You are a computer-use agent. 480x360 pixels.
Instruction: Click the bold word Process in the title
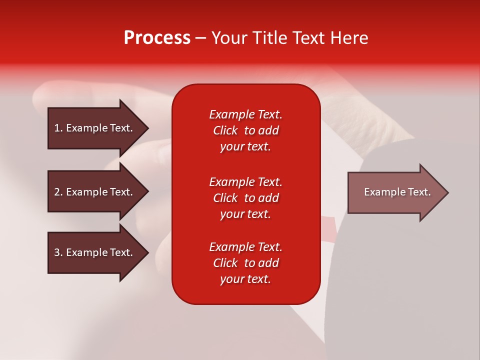pos(157,38)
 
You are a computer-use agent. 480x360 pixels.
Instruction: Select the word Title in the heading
pos(270,38)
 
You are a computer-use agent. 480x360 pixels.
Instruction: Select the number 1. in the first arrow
pos(58,128)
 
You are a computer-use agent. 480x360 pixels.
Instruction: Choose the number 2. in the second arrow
pos(58,192)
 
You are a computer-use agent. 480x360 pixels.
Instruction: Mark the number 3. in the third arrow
pos(58,252)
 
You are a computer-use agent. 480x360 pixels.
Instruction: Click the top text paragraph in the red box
pos(245,130)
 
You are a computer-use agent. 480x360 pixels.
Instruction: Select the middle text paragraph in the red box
pos(245,198)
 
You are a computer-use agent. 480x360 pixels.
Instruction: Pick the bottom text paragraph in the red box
pos(245,263)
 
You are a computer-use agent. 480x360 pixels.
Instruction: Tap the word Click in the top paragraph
pos(225,130)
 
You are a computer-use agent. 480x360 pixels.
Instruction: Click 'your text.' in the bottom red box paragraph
pos(245,279)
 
